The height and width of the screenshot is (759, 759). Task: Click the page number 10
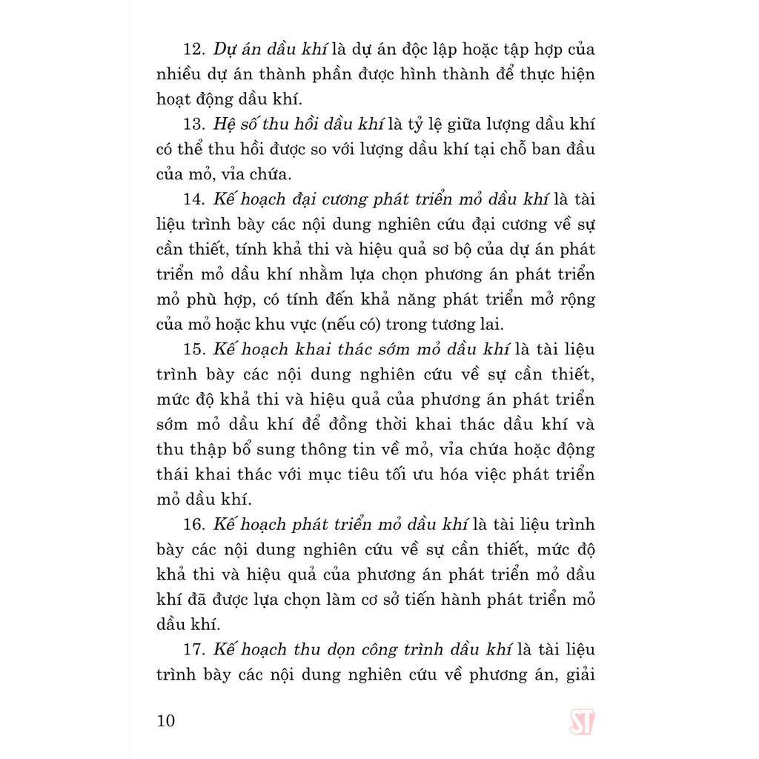click(167, 720)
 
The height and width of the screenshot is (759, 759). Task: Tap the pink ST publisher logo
click(582, 721)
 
